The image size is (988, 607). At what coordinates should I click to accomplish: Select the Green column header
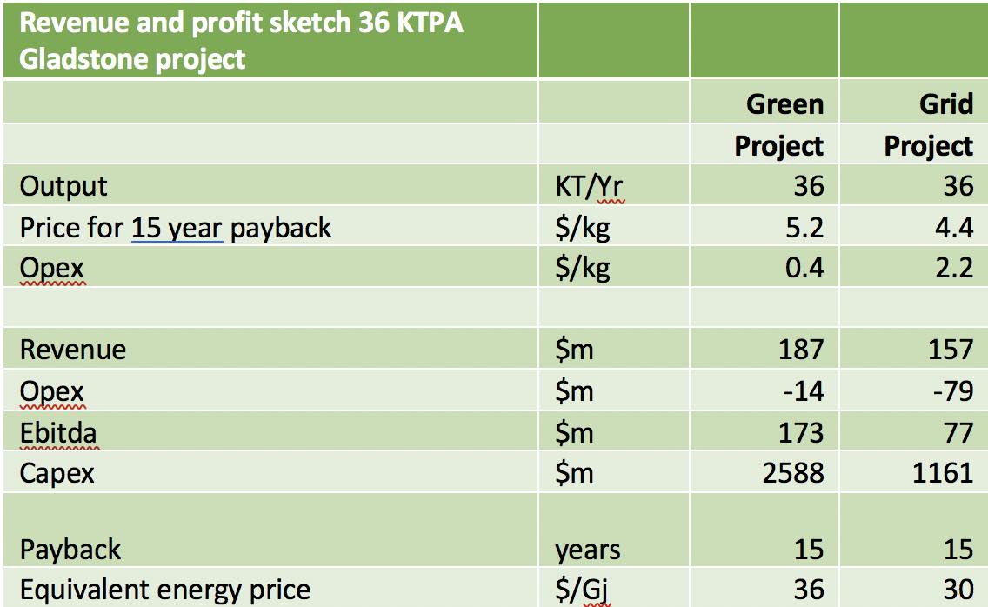point(784,104)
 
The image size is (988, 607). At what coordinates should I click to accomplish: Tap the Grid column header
point(945,104)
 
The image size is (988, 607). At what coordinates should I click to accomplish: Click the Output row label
point(63,186)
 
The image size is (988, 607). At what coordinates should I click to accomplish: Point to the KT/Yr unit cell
point(591,186)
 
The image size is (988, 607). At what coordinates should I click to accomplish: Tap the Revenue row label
point(73,350)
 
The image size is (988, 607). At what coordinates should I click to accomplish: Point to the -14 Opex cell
point(803,390)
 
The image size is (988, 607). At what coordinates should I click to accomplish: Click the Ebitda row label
point(59,431)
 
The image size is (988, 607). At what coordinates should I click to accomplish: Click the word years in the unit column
point(588,550)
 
